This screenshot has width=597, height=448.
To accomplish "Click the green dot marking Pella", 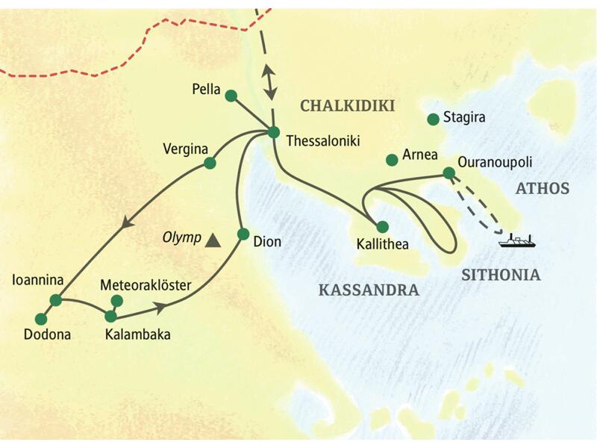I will click(231, 96).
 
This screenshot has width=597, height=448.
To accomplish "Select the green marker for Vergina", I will click(210, 163).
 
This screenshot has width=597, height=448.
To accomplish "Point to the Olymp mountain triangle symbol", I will click(213, 240).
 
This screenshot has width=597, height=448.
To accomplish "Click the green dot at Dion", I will click(243, 234).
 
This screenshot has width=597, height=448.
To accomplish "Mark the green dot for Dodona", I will click(41, 319).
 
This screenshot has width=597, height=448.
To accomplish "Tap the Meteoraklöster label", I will click(146, 285).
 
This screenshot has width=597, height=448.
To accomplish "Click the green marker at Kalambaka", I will click(111, 316).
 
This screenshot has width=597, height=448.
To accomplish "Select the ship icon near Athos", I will click(518, 240).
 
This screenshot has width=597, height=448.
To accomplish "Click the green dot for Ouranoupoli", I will click(448, 172).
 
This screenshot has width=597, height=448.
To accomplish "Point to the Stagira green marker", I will click(432, 119).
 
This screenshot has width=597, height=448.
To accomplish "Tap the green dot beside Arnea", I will click(391, 160).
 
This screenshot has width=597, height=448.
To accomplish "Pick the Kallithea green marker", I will click(382, 226).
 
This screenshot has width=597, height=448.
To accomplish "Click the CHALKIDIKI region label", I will click(346, 106).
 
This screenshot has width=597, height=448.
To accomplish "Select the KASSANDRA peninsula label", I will click(368, 290).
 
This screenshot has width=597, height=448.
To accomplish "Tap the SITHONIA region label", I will click(500, 275).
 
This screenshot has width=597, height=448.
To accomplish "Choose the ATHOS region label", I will click(542, 188).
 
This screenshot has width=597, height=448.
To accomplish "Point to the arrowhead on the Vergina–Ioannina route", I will click(127, 221).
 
